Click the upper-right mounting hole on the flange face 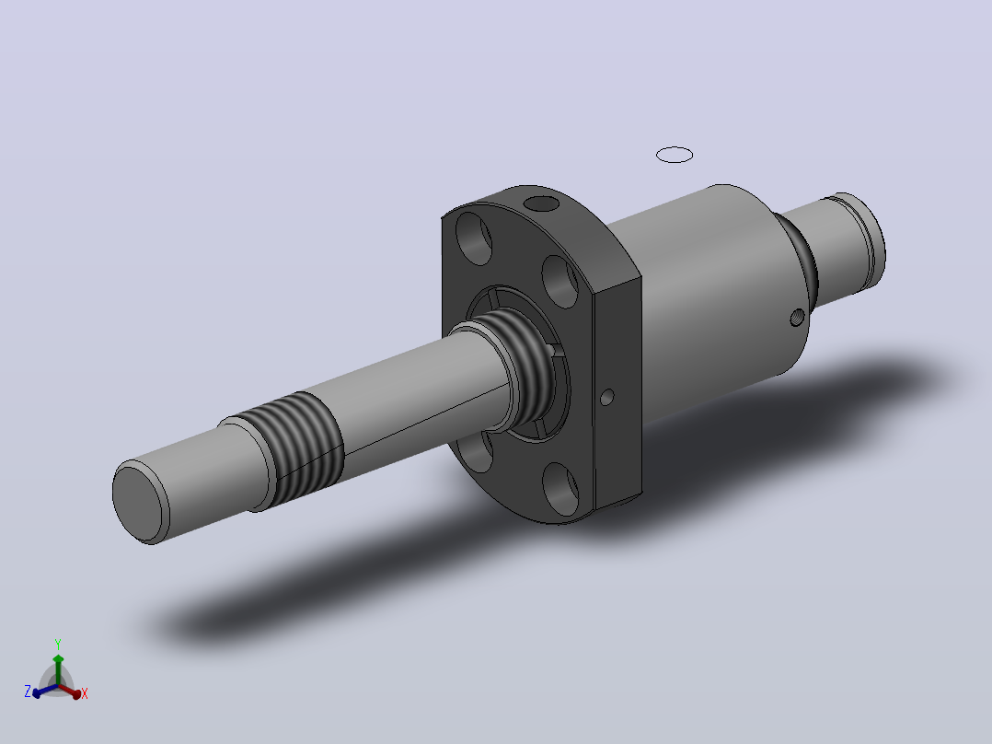click(560, 282)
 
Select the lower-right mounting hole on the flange click(561, 488)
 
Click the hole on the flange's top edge click(542, 203)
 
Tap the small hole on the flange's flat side click(606, 398)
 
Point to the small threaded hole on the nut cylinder click(797, 316)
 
